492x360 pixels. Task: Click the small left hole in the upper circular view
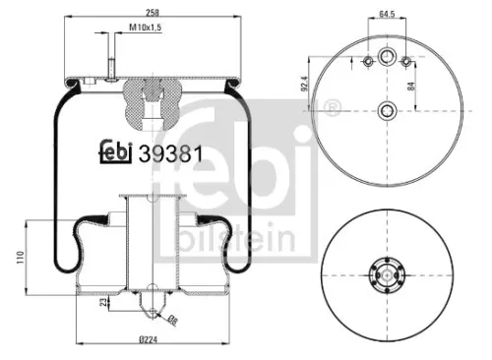(368, 63)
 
